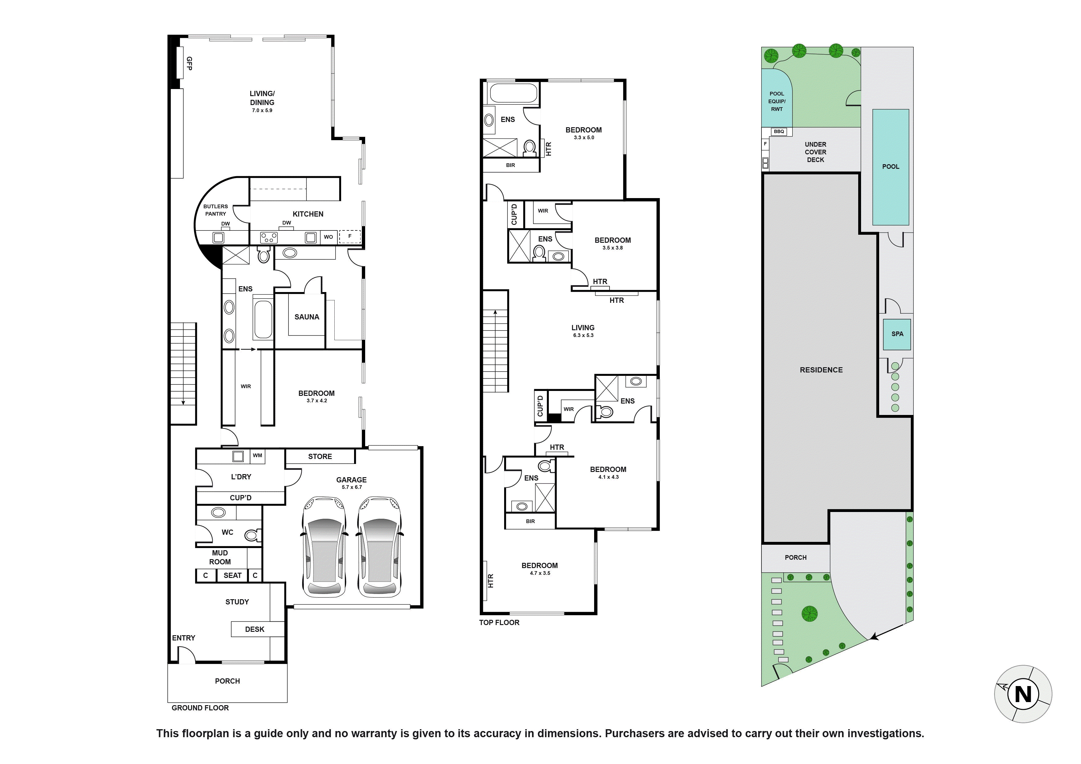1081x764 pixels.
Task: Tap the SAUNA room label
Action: point(307,317)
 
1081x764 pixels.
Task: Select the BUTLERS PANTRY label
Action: point(216,210)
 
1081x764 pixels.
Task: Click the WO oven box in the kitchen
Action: point(328,237)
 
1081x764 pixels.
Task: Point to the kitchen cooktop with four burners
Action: point(269,237)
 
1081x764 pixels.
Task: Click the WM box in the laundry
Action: point(257,455)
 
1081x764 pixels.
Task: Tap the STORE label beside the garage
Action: point(320,456)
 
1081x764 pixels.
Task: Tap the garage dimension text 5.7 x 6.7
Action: point(352,487)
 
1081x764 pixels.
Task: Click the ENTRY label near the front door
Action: point(183,638)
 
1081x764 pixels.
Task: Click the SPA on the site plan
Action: point(897,334)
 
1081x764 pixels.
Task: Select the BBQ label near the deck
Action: point(779,131)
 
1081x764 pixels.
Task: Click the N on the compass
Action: point(1023,694)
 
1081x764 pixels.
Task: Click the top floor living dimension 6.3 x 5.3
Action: point(583,335)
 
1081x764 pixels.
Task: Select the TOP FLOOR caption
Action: point(499,622)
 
